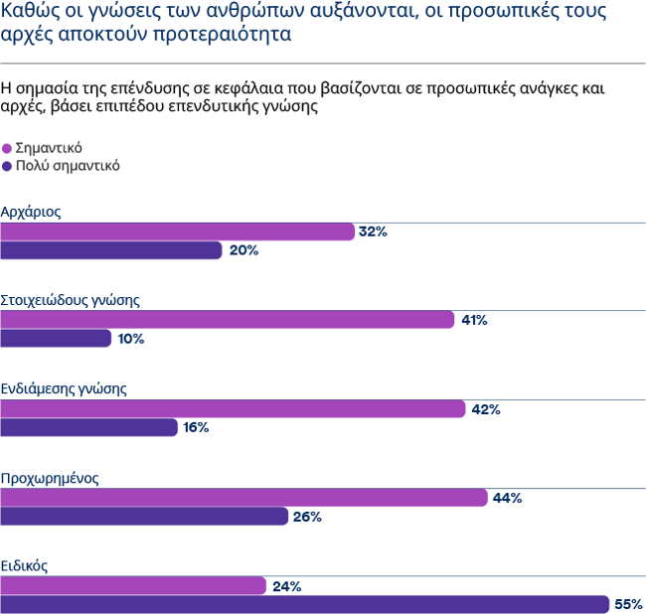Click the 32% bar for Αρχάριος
[177, 231]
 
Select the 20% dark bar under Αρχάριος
[110, 250]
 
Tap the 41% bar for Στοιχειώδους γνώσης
[228, 320]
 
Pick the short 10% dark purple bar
[56, 339]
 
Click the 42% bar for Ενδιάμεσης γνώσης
[233, 408]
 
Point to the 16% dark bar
[88, 427]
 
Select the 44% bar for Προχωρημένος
[243, 498]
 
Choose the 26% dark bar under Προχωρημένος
[144, 517]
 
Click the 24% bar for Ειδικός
[133, 586]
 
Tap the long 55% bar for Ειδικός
[304, 604]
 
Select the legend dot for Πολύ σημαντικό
[8, 167]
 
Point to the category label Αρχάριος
[33, 212]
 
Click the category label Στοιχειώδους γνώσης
[70, 300]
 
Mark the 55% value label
[628, 604]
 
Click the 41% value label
[474, 320]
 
